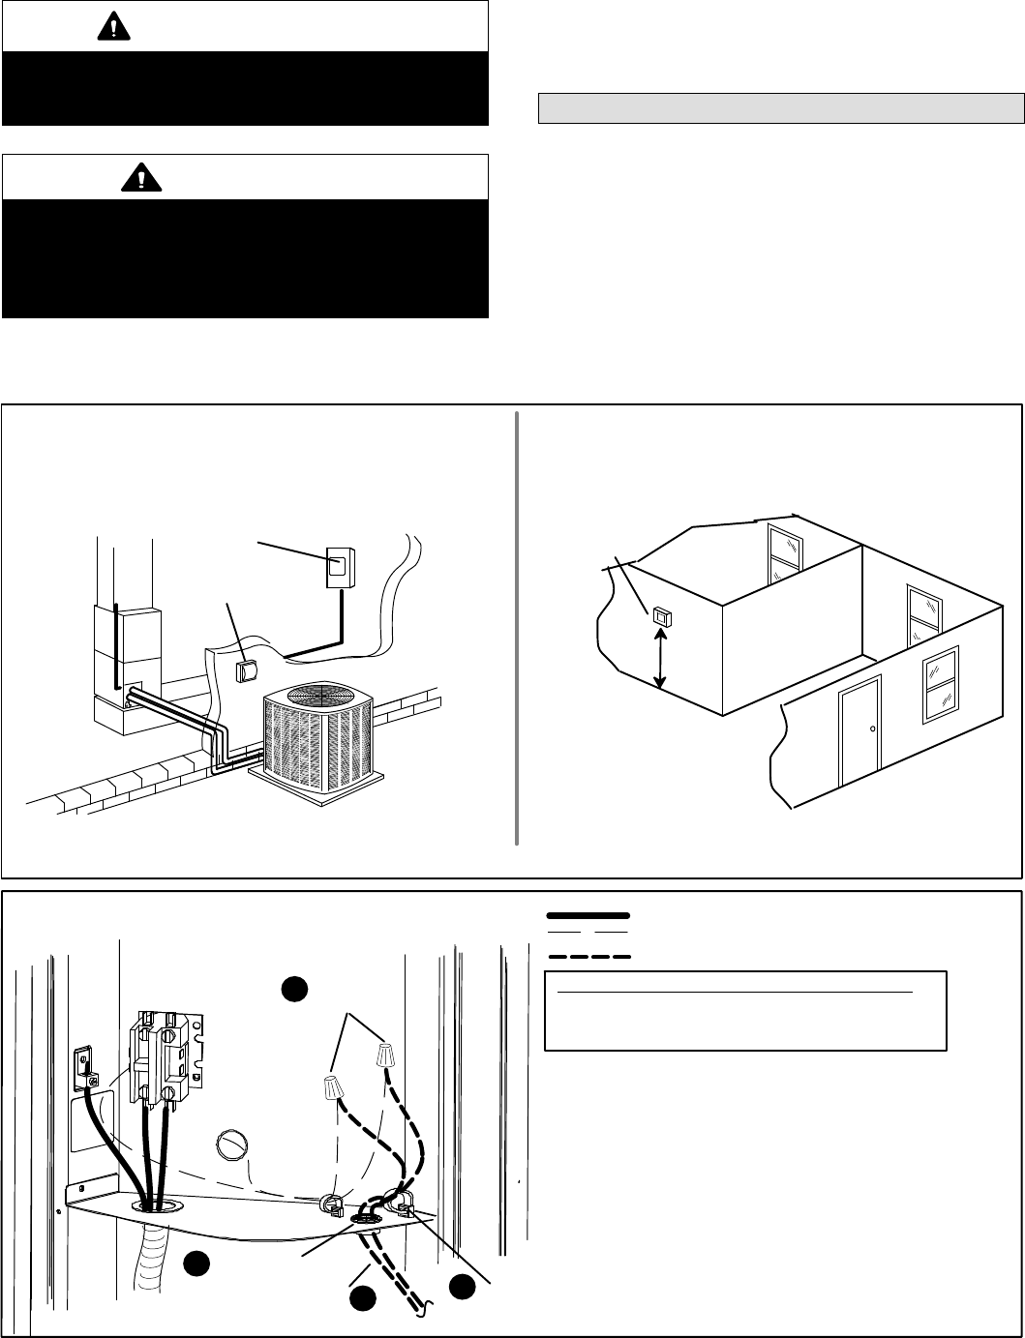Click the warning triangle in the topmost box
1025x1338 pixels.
click(x=113, y=28)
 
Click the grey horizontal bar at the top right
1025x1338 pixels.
click(x=780, y=107)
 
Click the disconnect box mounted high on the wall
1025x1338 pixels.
click(x=340, y=565)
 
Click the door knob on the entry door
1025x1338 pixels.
click(x=873, y=728)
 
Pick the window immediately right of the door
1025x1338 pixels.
click(x=941, y=683)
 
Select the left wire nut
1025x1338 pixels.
click(x=332, y=1088)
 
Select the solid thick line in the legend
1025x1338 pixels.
click(x=588, y=914)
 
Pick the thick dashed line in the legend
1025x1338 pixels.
click(x=588, y=956)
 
